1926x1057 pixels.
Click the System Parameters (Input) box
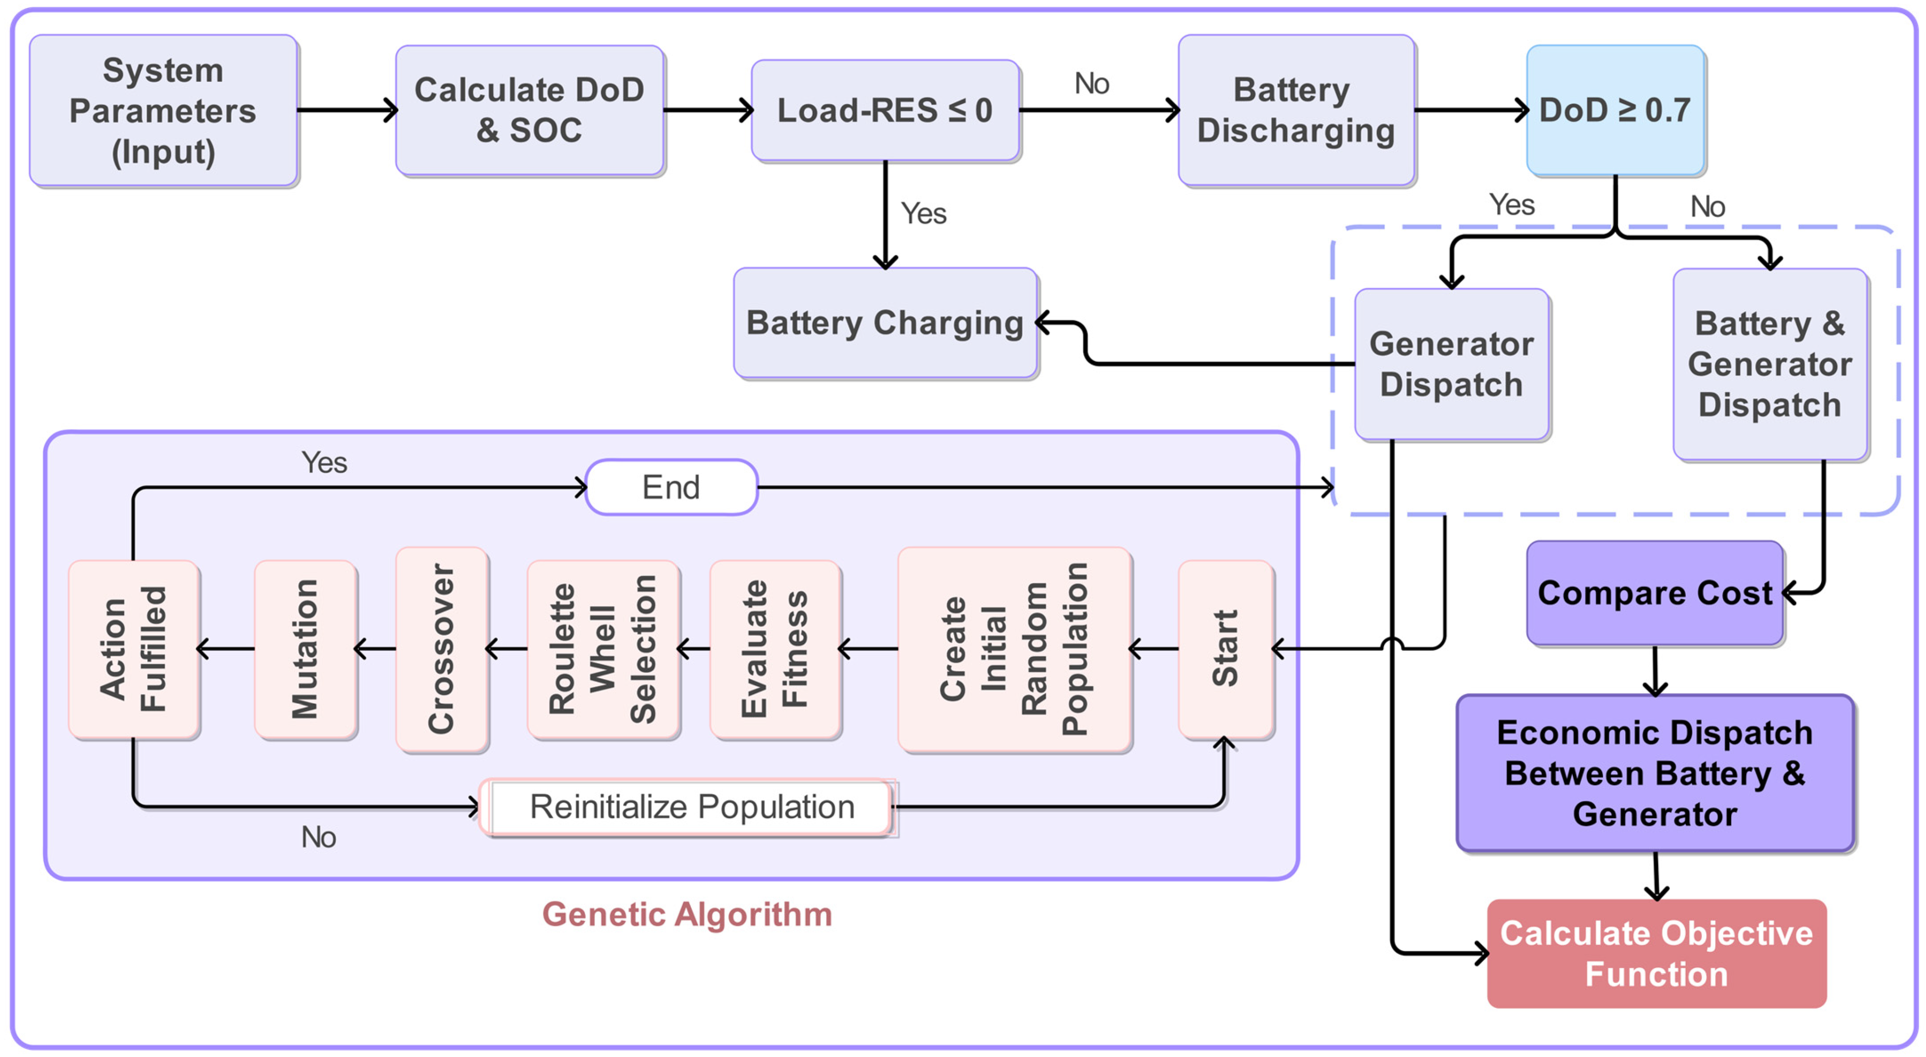[163, 111]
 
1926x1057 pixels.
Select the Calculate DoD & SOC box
[529, 111]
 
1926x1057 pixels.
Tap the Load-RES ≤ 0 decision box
[885, 111]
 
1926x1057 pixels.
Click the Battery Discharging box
[1296, 111]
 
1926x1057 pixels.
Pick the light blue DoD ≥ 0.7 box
[1615, 111]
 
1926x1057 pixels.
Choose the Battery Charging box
[885, 323]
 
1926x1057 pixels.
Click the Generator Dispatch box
[1451, 364]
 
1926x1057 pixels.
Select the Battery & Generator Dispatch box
[1770, 364]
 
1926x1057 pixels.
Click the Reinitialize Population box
[692, 806]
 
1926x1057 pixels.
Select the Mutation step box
[305, 649]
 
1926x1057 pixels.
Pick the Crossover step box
[442, 649]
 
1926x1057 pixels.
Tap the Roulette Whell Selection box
[602, 649]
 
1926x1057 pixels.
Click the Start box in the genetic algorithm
[1225, 649]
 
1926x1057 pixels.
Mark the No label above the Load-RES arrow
[1091, 84]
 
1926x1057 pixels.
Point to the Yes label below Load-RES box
[924, 214]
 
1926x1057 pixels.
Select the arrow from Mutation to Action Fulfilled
[227, 649]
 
